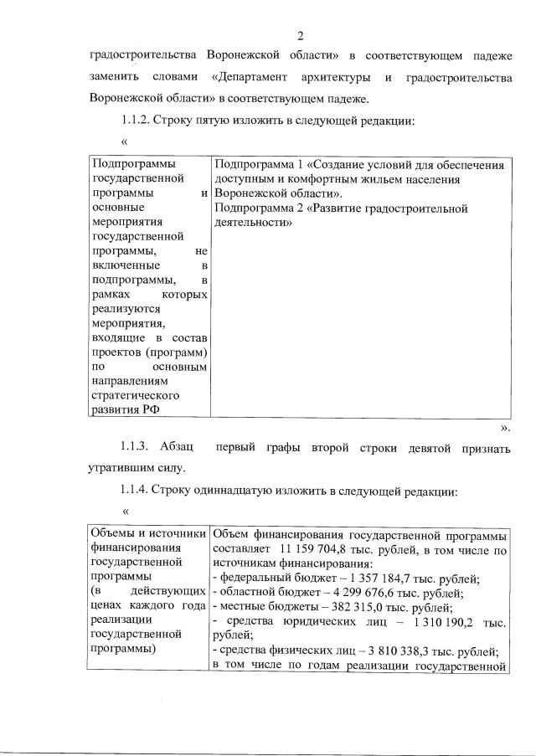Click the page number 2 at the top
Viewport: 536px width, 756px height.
click(299, 34)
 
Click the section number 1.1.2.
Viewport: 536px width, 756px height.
click(140, 120)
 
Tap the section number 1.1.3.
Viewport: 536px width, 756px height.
click(140, 448)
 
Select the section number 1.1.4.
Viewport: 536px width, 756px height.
click(140, 491)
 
